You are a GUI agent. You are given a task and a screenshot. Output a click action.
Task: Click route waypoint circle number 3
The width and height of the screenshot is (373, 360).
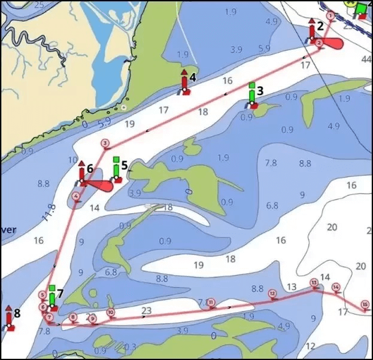point(105,143)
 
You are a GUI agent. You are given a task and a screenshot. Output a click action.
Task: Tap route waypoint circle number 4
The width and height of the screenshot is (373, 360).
point(76,196)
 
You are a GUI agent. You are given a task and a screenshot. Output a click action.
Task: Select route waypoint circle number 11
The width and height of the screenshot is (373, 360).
point(211,303)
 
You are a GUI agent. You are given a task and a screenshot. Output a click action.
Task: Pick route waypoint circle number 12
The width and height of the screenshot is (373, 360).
point(272,293)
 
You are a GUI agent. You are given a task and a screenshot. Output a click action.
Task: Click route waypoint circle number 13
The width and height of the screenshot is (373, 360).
point(313,282)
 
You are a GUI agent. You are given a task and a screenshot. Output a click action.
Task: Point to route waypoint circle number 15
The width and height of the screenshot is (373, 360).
point(365,304)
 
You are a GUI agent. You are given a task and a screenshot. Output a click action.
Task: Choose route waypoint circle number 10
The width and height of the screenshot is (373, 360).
point(111,312)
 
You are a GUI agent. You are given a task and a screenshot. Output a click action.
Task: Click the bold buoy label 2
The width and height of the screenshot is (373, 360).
point(320,26)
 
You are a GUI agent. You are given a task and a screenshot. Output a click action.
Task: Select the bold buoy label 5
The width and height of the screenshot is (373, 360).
point(124,164)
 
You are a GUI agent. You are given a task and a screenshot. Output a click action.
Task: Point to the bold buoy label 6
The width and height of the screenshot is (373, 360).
point(90,169)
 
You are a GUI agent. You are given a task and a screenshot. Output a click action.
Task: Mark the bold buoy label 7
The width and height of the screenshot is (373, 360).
point(60,294)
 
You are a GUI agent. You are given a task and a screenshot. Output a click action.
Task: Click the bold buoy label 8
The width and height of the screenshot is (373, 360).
point(17,313)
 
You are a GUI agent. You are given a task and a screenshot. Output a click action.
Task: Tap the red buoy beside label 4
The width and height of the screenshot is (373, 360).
point(184,84)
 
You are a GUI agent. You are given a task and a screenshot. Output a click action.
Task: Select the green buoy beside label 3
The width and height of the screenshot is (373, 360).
point(253,97)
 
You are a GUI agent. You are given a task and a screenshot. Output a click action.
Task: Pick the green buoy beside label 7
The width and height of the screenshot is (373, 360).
point(53,298)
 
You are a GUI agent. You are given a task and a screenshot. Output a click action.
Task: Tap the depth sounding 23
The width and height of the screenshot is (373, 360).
point(146,310)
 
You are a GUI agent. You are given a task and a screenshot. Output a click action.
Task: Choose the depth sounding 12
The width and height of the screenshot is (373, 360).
point(310,346)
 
